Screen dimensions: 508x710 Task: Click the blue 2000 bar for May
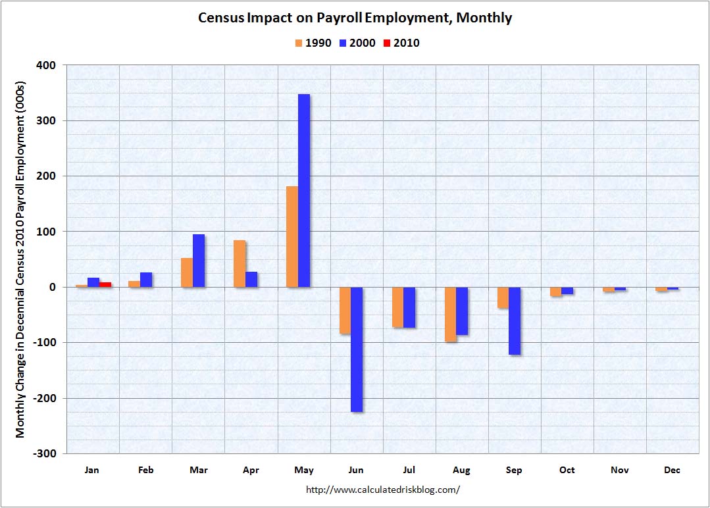(303, 191)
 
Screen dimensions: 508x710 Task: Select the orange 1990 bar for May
(292, 237)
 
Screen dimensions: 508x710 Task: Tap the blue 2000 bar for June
(356, 349)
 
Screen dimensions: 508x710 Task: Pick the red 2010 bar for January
(105, 284)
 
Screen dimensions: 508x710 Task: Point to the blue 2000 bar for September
(514, 320)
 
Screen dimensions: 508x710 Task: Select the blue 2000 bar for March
(198, 261)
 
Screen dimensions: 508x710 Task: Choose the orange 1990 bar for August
(450, 314)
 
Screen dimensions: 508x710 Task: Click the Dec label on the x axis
(672, 470)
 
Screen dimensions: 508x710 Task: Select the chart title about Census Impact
(355, 18)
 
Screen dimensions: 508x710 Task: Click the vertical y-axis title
(20, 259)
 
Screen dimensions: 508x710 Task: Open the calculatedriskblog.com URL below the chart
(383, 490)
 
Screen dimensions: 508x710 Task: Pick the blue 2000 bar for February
(145, 280)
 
